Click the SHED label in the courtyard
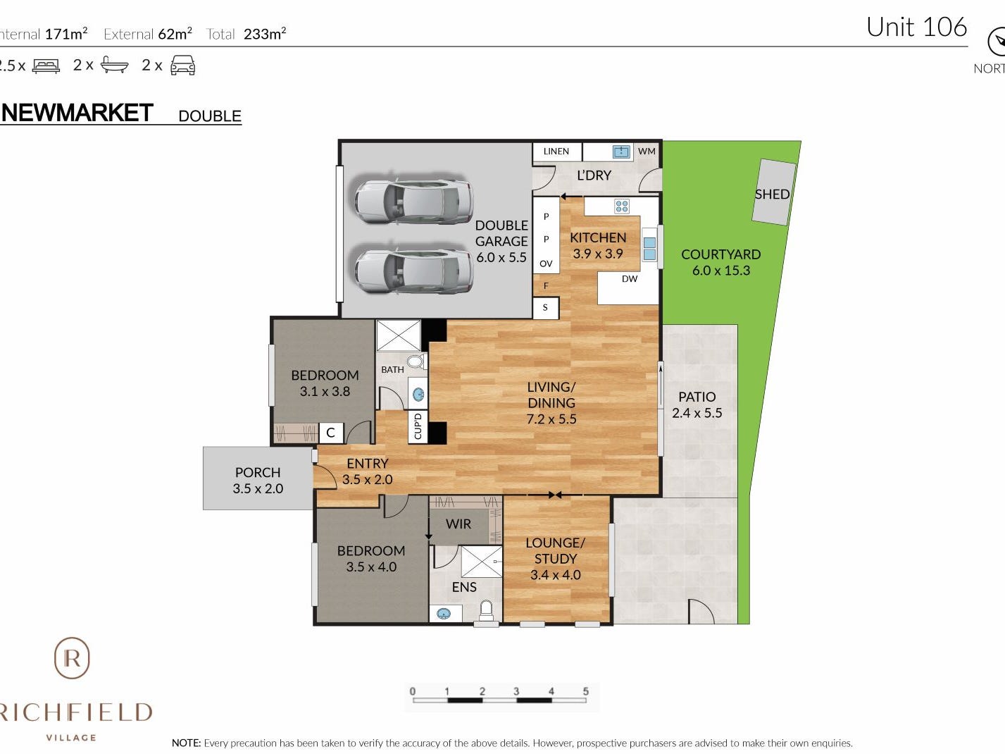click(x=772, y=194)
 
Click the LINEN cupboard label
click(x=556, y=152)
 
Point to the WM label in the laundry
click(x=647, y=152)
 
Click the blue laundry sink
click(x=621, y=152)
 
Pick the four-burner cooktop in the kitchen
click(x=622, y=206)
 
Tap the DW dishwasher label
click(x=630, y=278)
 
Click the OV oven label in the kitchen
click(x=546, y=264)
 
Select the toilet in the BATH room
click(x=416, y=362)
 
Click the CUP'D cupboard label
click(x=418, y=426)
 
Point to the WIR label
click(x=458, y=524)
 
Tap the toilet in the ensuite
click(x=486, y=611)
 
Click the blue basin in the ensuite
click(x=443, y=613)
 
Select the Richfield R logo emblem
click(x=72, y=657)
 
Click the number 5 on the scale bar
click(x=585, y=691)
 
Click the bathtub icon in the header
click(x=114, y=65)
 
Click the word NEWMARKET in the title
click(x=77, y=113)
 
